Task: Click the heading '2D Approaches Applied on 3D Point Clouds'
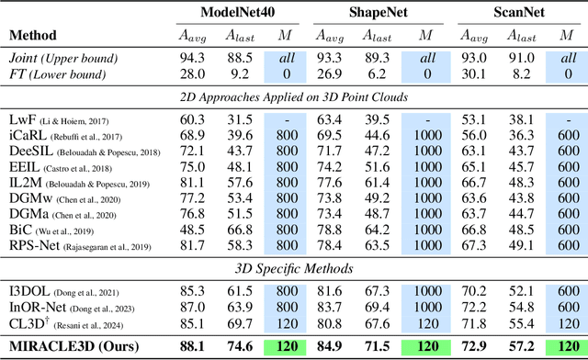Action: click(293, 96)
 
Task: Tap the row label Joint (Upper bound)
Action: click(58, 57)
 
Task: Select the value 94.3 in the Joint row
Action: click(190, 57)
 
